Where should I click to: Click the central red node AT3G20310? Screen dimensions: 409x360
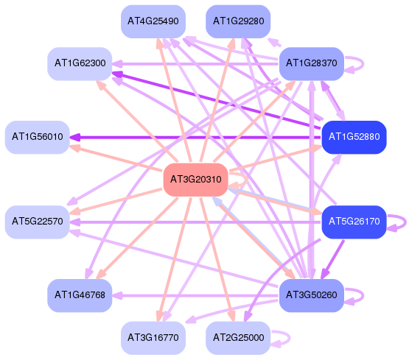[195, 180]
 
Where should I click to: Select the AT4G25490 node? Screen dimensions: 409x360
[153, 21]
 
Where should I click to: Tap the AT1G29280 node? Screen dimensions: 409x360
[238, 21]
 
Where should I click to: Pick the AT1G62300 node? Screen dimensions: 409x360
[80, 64]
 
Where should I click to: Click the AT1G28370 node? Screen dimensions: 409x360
[312, 64]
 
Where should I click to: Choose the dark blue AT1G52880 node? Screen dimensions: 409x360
[354, 137]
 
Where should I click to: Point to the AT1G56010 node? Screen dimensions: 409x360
[38, 137]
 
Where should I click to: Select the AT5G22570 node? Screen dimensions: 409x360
[38, 222]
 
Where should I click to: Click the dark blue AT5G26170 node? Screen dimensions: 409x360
[354, 222]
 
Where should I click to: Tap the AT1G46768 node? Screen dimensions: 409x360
[80, 296]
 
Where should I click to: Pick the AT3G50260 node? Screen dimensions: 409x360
[312, 296]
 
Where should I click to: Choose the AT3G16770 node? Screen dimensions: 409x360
[153, 338]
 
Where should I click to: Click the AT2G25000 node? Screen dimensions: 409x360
[238, 338]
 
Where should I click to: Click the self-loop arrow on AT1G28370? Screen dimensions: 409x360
[363, 64]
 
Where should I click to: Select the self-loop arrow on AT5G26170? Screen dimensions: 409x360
[405, 222]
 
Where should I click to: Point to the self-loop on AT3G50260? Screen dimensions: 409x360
[363, 296]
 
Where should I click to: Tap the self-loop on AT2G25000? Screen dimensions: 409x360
[290, 338]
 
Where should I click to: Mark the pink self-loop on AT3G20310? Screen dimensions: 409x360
[246, 180]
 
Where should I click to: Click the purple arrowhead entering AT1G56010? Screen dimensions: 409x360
[75, 137]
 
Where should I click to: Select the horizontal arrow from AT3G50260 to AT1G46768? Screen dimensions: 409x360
[195, 296]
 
